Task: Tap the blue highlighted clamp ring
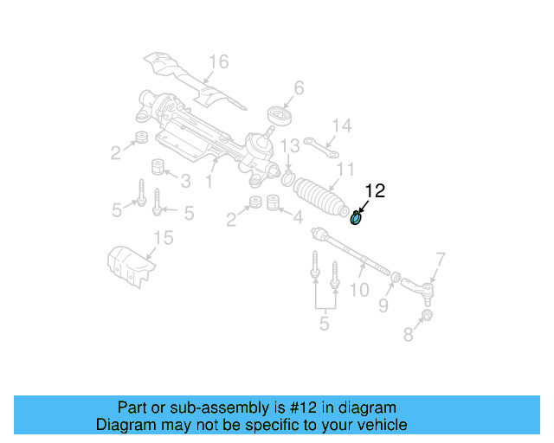pos(356,218)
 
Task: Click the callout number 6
pos(299,87)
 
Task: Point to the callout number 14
pos(342,126)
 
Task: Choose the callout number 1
pos(209,182)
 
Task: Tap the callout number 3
pos(184,180)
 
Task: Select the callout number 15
pos(164,238)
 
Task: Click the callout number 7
pos(440,258)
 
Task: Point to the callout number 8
pos(408,334)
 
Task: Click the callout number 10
pos(358,292)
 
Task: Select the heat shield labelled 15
pos(127,265)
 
